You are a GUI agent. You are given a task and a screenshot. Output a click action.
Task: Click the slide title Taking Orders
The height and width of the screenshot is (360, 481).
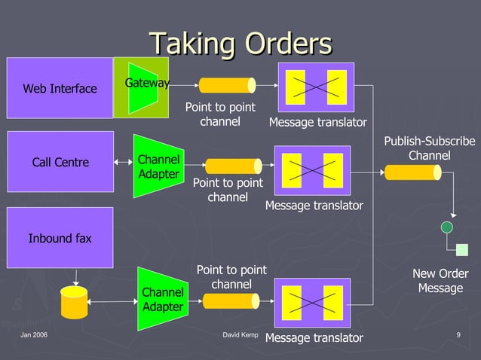click(240, 43)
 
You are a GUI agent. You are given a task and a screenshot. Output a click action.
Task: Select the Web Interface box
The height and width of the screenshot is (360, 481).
click(60, 88)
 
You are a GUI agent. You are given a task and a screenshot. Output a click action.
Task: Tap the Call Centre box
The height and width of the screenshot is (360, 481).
click(60, 162)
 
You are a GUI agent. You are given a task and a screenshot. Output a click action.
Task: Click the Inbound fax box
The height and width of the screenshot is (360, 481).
click(60, 238)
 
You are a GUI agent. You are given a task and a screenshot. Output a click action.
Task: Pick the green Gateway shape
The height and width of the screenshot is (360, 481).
click(142, 87)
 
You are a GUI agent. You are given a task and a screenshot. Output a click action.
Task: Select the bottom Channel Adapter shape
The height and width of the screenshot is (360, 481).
click(162, 299)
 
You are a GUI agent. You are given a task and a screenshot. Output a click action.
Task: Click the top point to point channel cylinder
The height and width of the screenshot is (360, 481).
click(226, 85)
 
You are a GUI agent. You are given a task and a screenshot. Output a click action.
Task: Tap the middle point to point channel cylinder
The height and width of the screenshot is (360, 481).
click(233, 166)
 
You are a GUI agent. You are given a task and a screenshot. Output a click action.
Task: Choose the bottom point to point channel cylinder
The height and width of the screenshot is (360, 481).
click(231, 301)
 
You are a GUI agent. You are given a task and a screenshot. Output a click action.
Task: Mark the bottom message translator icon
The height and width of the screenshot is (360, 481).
click(312, 302)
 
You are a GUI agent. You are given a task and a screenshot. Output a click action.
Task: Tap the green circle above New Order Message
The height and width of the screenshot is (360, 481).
click(447, 227)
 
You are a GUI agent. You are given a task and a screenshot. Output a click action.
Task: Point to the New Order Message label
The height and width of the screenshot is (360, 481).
click(440, 281)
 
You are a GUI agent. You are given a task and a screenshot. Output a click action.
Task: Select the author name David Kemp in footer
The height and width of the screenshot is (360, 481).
click(241, 334)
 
